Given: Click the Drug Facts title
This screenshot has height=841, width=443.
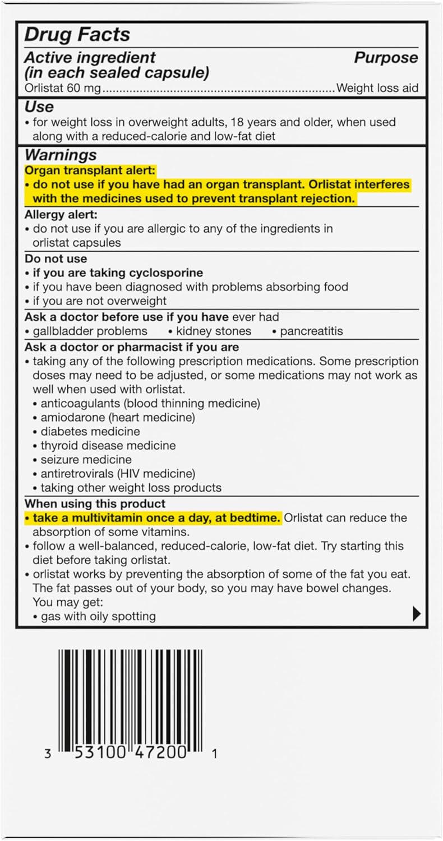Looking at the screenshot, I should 77,34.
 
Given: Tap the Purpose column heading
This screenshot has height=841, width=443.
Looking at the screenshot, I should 386,58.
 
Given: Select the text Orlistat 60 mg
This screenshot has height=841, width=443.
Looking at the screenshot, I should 63,88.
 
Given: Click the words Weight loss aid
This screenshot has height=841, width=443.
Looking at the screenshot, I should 377,88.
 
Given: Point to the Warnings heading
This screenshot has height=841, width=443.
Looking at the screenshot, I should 61,155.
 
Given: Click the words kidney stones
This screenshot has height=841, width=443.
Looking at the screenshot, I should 214,331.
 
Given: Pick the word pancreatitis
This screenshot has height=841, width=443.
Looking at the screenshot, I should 311,331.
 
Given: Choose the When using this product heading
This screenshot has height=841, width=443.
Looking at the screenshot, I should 95,503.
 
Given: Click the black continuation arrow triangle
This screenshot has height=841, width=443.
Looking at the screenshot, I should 416,614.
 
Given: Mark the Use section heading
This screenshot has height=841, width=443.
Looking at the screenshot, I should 39,107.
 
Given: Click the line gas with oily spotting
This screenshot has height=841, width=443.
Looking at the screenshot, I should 98,616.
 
